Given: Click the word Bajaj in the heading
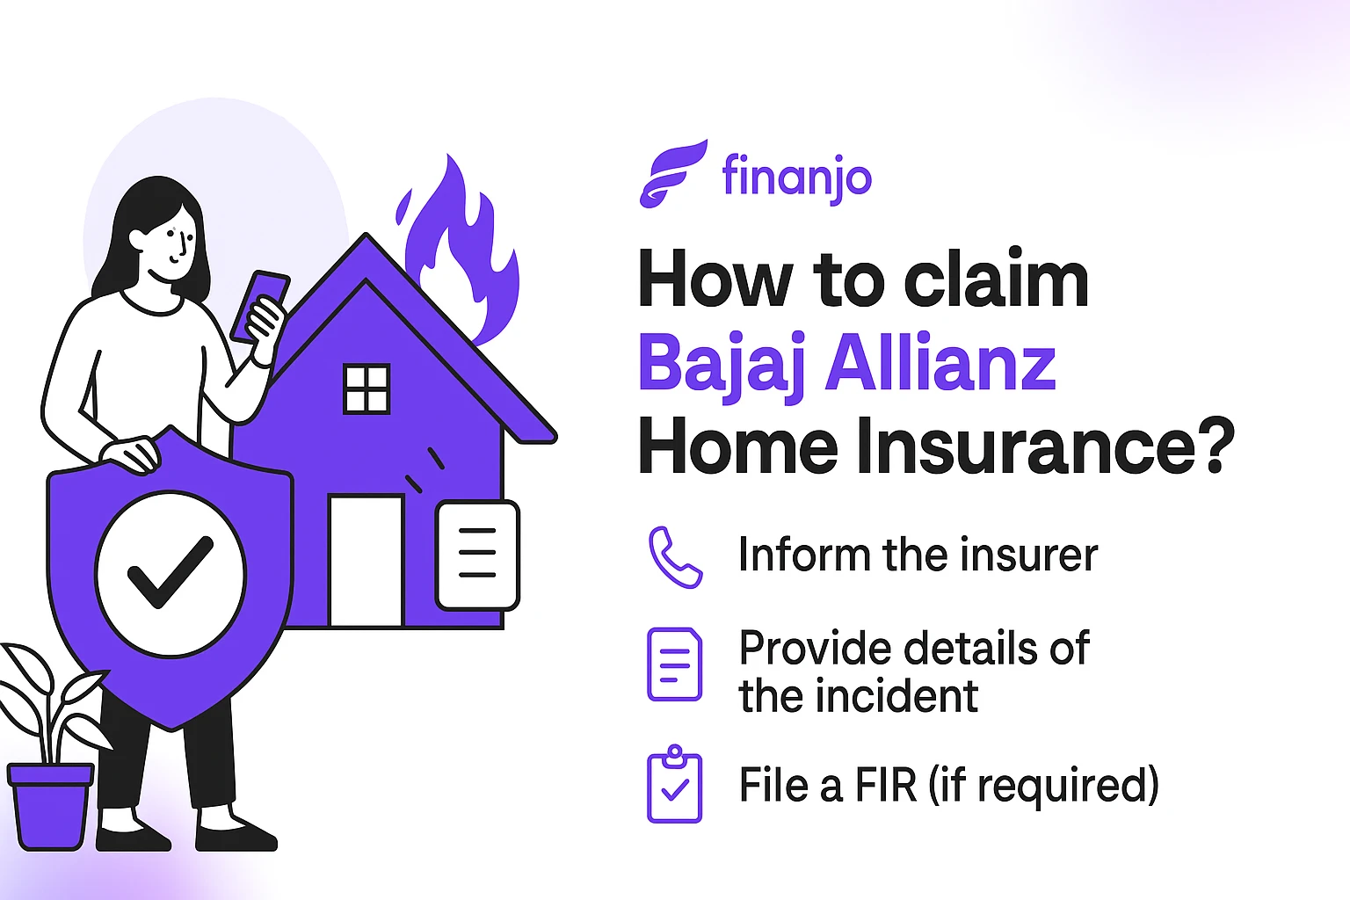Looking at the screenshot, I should click(722, 364).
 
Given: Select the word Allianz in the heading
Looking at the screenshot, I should click(940, 364).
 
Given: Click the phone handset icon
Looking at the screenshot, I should click(674, 557).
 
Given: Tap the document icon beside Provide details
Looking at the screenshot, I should click(674, 664).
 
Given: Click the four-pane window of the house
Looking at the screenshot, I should click(367, 389).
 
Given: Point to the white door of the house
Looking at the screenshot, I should click(366, 561).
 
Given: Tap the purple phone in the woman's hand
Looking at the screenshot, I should click(259, 303).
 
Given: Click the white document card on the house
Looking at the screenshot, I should click(477, 555).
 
